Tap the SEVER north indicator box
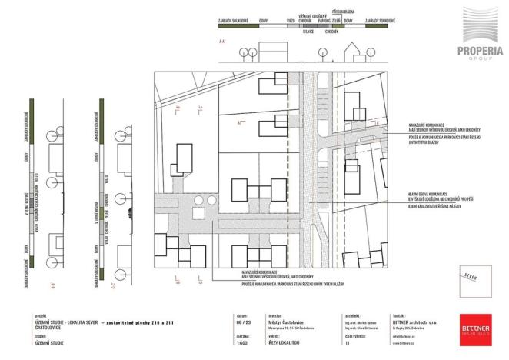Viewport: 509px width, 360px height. pos(471,277)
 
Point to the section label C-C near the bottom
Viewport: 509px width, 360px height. pos(113,286)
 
